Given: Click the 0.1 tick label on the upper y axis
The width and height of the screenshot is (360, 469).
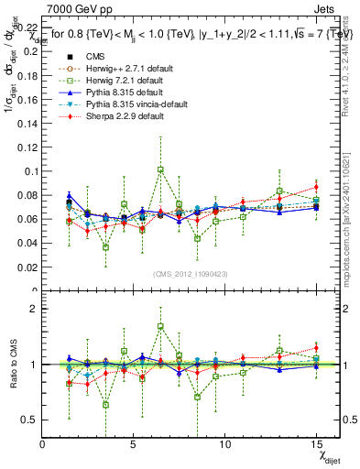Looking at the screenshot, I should (x=31, y=171).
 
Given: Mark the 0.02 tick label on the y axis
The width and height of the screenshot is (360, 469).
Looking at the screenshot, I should (x=28, y=267).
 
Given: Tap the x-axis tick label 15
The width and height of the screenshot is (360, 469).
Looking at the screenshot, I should (x=315, y=443).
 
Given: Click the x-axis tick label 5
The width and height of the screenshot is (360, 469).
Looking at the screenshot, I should (x=134, y=443).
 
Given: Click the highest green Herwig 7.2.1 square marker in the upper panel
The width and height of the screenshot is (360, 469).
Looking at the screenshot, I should (x=160, y=169).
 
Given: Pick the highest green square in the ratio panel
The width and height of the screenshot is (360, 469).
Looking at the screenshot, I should (x=160, y=326).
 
